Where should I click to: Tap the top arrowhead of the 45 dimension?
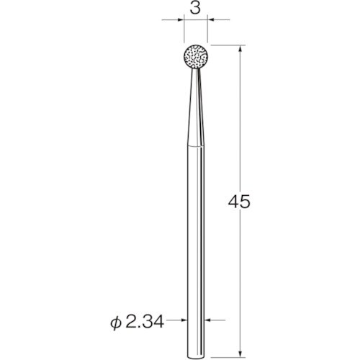tap(239, 50)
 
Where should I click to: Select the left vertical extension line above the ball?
tap(183, 32)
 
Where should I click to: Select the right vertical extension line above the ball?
tap(207, 32)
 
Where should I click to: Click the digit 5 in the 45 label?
tap(247, 202)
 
